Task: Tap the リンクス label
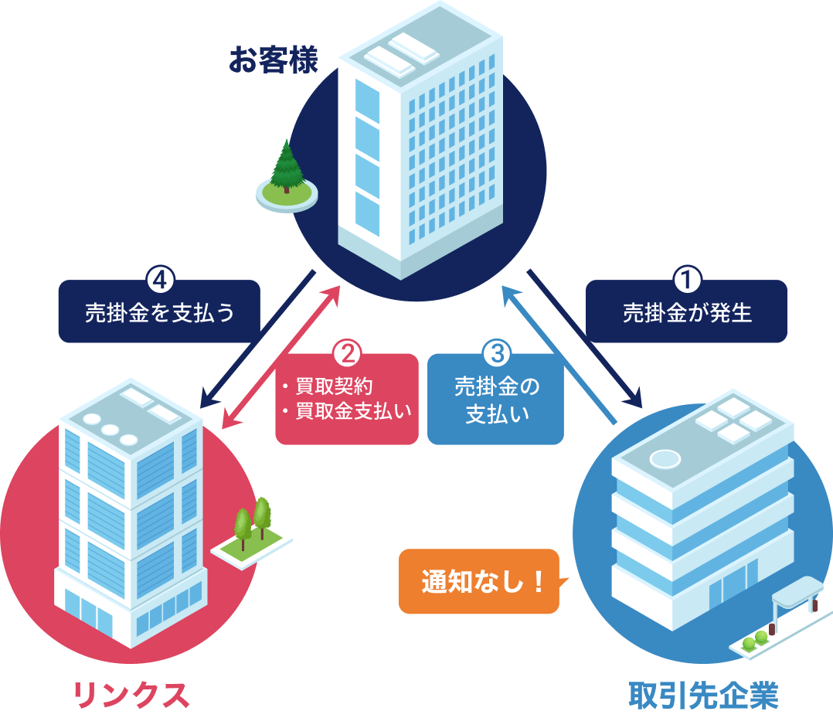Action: tap(131, 696)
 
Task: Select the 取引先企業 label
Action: tap(703, 696)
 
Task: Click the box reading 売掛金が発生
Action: tap(686, 313)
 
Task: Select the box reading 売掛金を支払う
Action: tap(159, 313)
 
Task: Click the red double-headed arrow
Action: tap(281, 356)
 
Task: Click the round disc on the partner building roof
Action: tap(665, 459)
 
